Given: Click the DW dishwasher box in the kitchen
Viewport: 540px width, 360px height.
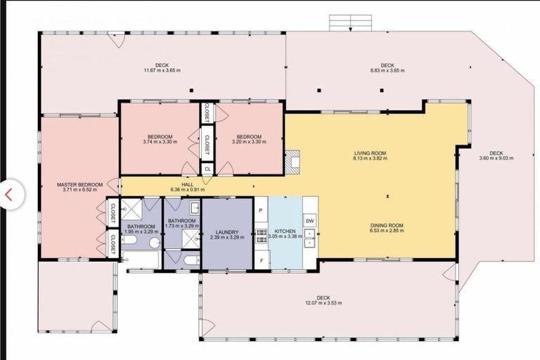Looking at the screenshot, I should point(310,221).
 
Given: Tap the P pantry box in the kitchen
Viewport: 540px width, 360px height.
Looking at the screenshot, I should point(260,210).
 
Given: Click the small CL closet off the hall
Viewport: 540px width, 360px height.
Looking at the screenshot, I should point(207,169).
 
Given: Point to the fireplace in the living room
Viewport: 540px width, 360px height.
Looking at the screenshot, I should point(292,160).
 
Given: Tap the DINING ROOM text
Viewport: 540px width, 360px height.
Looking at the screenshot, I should point(387,226).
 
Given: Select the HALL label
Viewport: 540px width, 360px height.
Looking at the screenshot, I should point(187,184).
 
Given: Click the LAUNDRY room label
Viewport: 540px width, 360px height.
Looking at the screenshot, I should point(227,232).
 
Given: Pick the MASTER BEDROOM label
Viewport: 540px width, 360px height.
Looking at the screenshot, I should point(79,184).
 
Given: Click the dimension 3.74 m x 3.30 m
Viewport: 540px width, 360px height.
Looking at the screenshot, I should point(160,141).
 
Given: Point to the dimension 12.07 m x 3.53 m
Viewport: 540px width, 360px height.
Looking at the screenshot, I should point(323,303).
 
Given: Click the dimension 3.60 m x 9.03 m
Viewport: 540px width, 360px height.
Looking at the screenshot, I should point(496,158).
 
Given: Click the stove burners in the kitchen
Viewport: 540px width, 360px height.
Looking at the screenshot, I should point(260,235).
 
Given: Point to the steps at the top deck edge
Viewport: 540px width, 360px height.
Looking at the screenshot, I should point(349,22).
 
